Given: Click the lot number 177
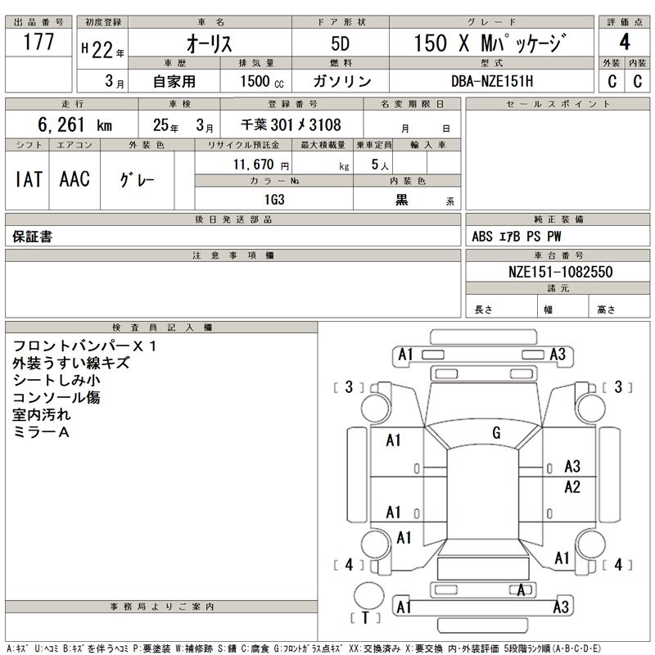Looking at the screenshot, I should [x=39, y=43].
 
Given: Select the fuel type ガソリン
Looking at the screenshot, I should [x=341, y=81].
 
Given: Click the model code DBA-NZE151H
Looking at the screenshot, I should [x=491, y=81].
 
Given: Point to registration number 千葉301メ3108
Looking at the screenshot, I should [x=291, y=125].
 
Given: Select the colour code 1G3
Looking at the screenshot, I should [x=273, y=200].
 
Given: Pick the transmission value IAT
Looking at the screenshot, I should [x=29, y=180].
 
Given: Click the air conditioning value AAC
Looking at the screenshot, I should [x=75, y=180].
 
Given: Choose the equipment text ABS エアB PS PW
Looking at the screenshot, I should [x=517, y=237].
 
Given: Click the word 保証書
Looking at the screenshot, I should [x=32, y=237].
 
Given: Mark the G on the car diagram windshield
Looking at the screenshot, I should [x=496, y=433].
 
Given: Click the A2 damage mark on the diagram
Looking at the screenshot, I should [x=572, y=487].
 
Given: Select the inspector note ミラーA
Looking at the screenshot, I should [x=41, y=431].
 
